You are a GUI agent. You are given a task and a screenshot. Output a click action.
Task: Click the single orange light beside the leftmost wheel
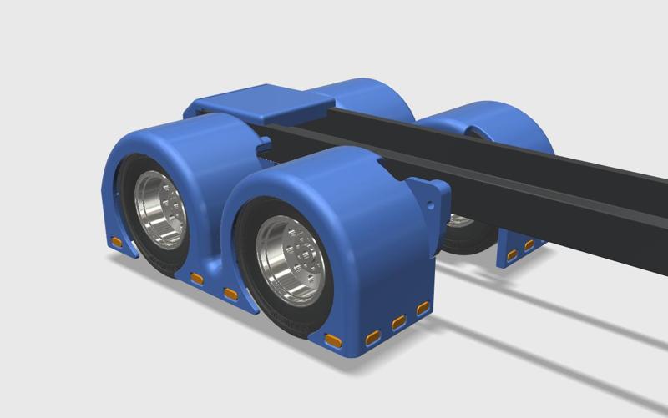tap(118, 244)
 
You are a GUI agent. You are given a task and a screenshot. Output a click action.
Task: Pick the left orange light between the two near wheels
tap(197, 278)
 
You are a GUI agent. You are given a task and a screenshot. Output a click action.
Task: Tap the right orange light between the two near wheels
tap(230, 293)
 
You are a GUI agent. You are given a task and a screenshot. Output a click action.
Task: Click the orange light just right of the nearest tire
tap(333, 340)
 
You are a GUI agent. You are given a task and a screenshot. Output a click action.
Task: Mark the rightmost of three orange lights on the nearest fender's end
tap(423, 308)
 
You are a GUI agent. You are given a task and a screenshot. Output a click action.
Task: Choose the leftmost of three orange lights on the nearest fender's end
tap(372, 336)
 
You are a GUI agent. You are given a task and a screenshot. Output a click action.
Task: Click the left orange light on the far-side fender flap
tap(512, 254)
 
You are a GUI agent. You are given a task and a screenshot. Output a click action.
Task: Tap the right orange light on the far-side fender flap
tap(529, 245)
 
